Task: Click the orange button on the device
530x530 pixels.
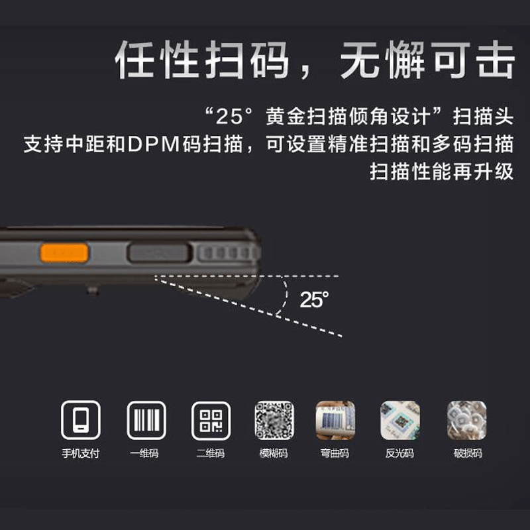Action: (64, 252)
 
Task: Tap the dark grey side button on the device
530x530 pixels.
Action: (159, 252)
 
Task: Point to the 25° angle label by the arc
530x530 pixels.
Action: (314, 299)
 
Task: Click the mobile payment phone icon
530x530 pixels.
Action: (81, 421)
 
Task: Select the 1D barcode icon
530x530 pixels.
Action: (146, 421)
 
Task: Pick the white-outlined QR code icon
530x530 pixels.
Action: (211, 421)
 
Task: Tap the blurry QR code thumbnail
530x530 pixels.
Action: (274, 421)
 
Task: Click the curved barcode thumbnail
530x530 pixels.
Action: (335, 421)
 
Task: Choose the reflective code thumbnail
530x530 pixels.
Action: (399, 421)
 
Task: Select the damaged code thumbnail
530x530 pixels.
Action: (466, 421)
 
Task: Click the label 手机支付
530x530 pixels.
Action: (81, 454)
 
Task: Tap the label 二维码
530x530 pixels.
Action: (211, 454)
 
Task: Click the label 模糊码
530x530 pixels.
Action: (274, 454)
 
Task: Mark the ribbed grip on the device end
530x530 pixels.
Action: (225, 252)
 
